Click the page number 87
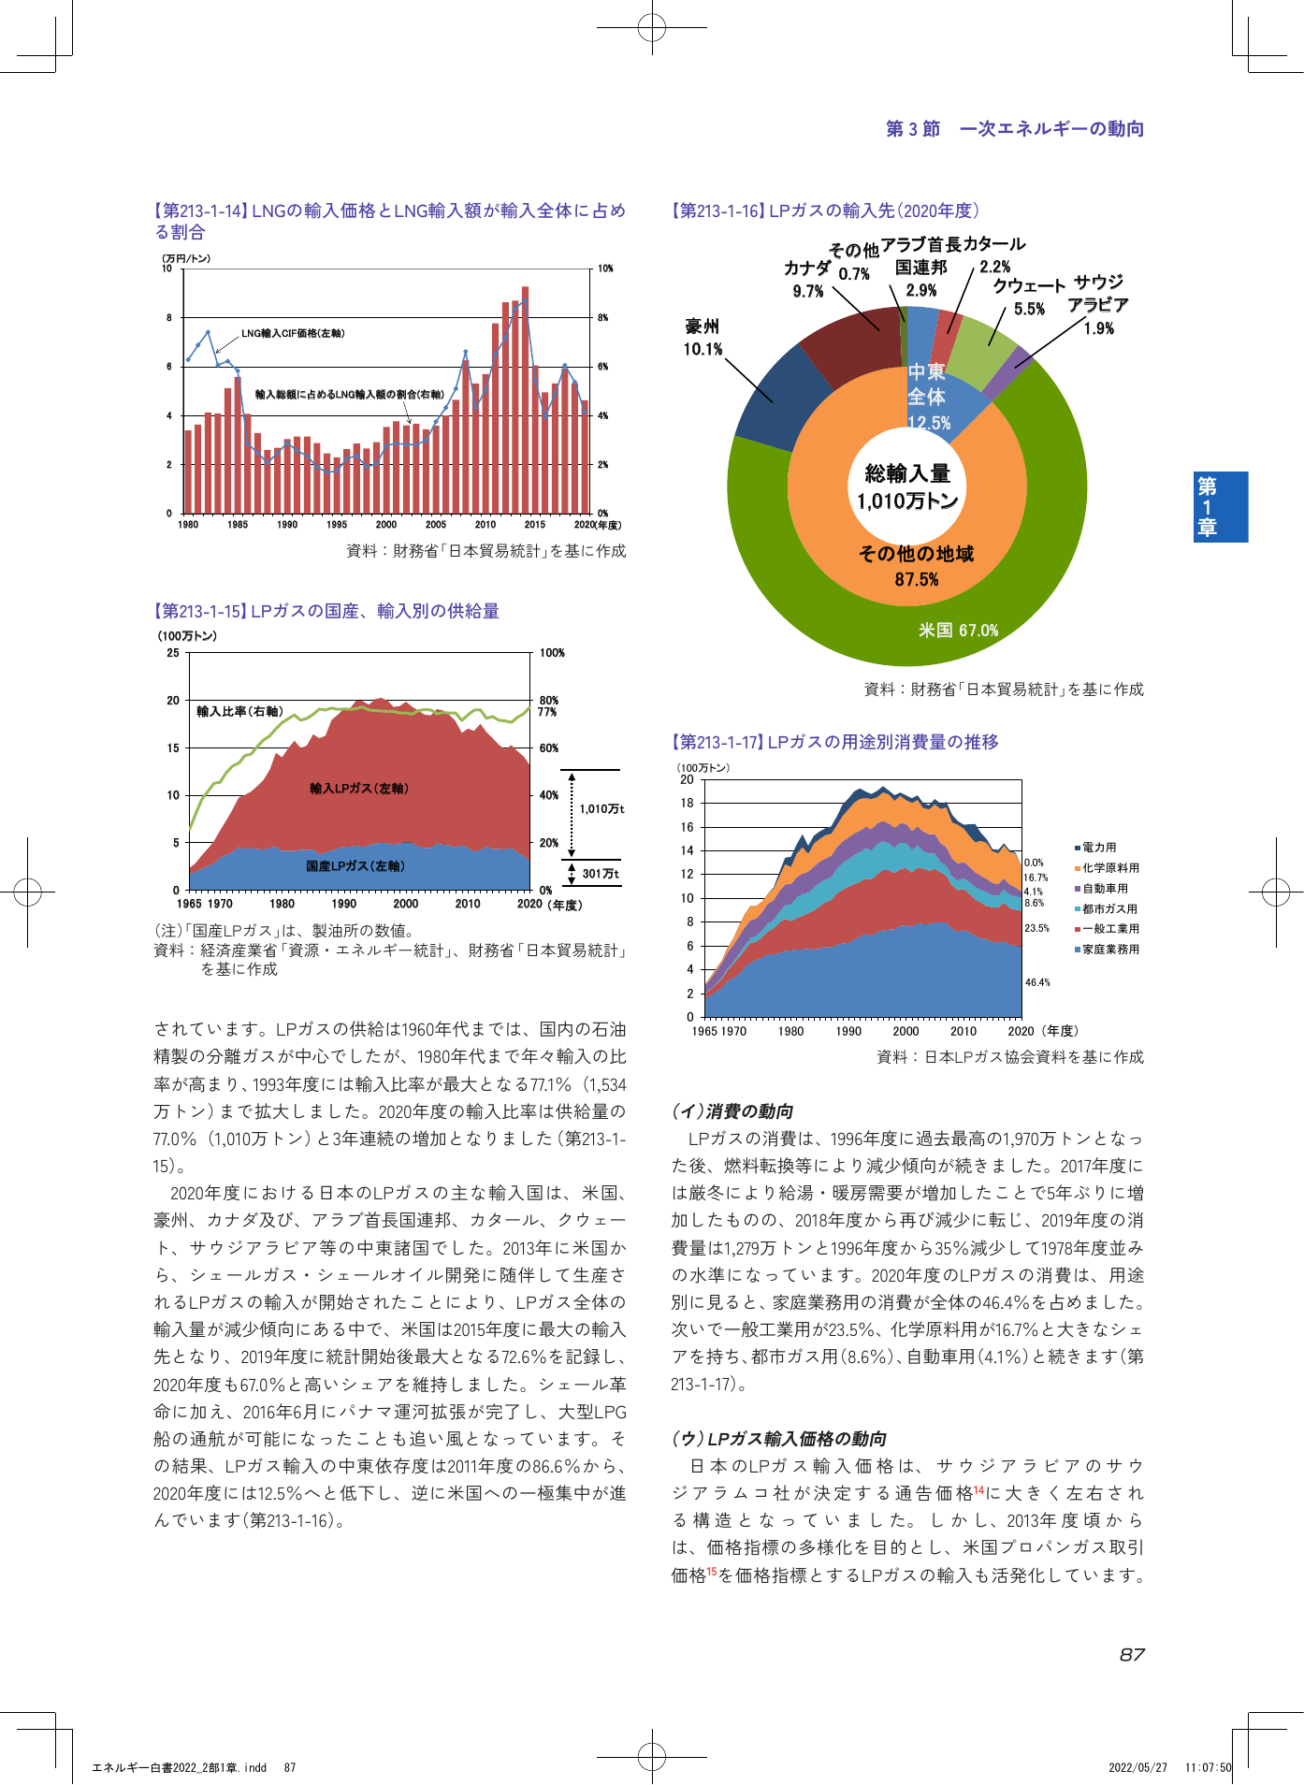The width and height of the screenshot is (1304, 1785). coord(1132,1655)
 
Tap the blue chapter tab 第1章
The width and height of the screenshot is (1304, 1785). coord(1220,507)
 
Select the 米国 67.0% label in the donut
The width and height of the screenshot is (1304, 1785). coord(959,631)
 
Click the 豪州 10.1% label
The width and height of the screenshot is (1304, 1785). coord(703,338)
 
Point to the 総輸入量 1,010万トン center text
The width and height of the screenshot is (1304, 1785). coord(907,487)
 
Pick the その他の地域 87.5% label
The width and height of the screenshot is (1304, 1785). coord(917,566)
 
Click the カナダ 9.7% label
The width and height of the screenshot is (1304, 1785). coord(808,279)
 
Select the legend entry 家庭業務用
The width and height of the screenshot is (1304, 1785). coord(1107,950)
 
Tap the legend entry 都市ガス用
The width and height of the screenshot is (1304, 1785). coord(1107,908)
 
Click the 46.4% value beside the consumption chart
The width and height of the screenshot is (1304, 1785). coord(1037,982)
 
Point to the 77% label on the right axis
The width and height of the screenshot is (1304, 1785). coord(548,712)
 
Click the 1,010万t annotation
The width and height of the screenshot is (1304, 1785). coord(601,808)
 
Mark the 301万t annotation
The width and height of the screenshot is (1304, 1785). coord(601,874)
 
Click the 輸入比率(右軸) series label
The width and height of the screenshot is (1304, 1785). coord(239,712)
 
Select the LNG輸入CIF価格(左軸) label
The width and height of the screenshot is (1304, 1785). coord(293,333)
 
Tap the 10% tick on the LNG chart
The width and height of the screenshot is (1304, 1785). coord(605,268)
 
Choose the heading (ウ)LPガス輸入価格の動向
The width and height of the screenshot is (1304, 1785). coord(779,1439)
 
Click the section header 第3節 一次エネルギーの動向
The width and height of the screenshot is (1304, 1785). coord(1015,129)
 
